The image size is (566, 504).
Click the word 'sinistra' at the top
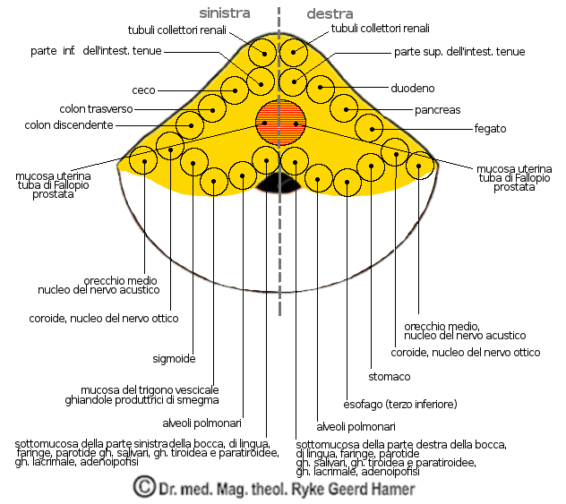coord(225,13)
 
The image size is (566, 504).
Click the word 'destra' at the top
coord(330,13)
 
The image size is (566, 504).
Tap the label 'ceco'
coord(144,90)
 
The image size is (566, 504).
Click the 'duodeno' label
coord(413,89)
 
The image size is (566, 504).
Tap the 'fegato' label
coord(490,129)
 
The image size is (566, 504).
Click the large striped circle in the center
coord(281,122)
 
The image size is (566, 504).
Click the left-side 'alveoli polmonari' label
coord(201,423)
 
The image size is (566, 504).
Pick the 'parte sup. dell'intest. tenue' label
coord(459,52)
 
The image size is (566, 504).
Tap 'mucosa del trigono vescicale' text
coord(150,390)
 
